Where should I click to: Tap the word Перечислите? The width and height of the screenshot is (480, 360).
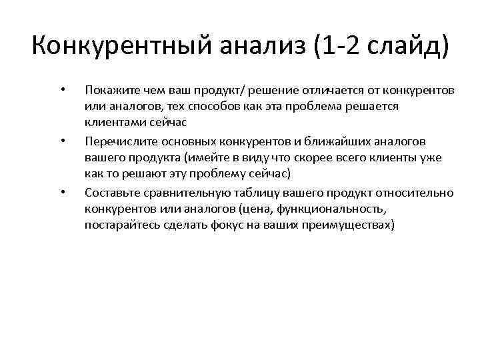pyautogui.click(x=117, y=141)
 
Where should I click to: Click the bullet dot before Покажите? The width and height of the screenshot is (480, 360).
pyautogui.click(x=62, y=89)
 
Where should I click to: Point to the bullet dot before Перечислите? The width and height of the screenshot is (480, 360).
pyautogui.click(x=62, y=141)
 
